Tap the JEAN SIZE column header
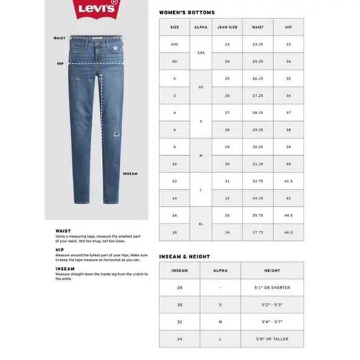227,27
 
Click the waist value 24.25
258,45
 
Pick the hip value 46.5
288,232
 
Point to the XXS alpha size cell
200,53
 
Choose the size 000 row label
174,45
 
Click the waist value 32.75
258,181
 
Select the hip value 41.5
288,181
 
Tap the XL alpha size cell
200,223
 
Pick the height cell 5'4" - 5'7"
272,322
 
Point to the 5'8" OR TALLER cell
272,339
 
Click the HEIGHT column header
272,271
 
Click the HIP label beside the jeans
60,63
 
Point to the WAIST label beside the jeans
60,38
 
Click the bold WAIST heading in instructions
63,231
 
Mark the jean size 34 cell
227,232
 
